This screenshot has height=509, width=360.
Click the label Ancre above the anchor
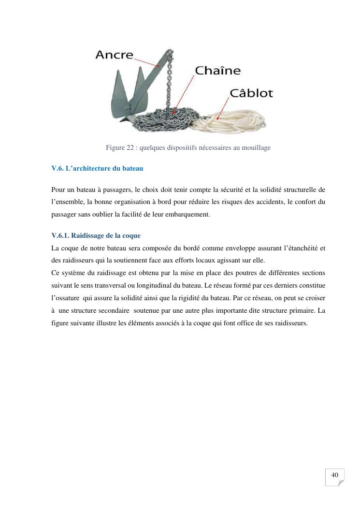[x=114, y=55]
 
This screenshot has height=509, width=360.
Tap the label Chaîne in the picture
[x=217, y=71]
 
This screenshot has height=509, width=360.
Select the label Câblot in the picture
[x=251, y=93]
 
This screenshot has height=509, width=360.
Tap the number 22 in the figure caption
[x=130, y=147]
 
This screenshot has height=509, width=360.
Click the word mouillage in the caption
[x=255, y=147]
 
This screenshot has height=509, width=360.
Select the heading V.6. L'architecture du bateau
[x=97, y=169]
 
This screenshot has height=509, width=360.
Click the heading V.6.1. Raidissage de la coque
[x=96, y=235]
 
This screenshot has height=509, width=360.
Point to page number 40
[x=334, y=475]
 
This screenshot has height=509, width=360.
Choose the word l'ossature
[x=66, y=298]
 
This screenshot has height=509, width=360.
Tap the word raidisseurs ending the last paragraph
[x=291, y=323]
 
